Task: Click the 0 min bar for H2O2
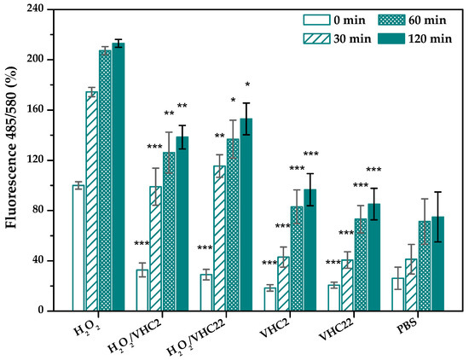(x=78, y=248)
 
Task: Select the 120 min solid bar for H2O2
(x=119, y=177)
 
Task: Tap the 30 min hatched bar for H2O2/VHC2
(x=155, y=249)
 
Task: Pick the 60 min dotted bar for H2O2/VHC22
(x=233, y=224)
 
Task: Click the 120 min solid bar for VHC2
(x=310, y=250)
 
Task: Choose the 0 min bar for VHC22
(x=334, y=298)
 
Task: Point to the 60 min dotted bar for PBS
(x=425, y=266)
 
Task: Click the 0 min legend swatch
(x=316, y=20)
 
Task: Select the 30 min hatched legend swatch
(x=316, y=38)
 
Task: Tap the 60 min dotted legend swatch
(x=391, y=20)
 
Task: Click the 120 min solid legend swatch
(x=391, y=38)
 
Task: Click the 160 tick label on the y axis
(x=35, y=110)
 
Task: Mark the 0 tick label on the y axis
(x=41, y=311)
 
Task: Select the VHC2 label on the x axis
(x=276, y=328)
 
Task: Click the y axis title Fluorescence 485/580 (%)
(x=11, y=148)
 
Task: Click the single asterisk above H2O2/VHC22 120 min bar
(x=247, y=84)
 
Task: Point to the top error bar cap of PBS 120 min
(x=438, y=192)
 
